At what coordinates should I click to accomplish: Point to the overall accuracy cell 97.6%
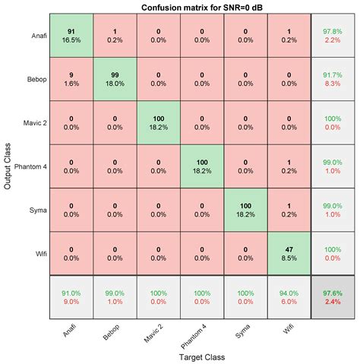[333, 298]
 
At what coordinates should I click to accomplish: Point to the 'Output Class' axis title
[7, 166]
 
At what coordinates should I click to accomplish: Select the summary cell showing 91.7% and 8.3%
[333, 79]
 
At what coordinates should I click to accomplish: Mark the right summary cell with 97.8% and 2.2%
[333, 36]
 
